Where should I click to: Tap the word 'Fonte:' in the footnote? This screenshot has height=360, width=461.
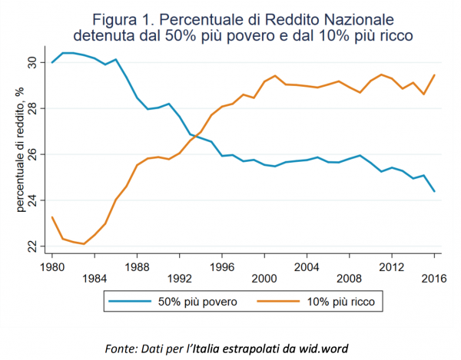click(121, 348)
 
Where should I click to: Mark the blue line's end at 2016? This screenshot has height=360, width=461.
click(434, 191)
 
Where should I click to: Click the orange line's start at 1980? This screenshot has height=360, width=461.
click(51, 217)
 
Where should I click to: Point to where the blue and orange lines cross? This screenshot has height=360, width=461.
click(194, 137)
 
